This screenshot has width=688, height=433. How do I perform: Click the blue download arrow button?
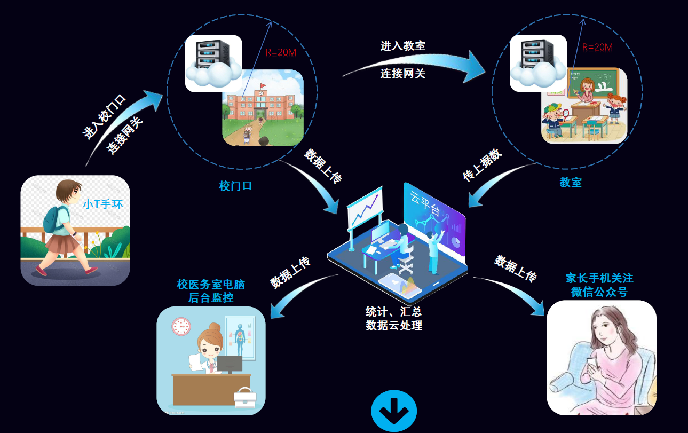(394, 411)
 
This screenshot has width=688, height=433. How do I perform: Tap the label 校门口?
(235, 186)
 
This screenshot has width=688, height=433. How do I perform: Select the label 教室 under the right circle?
(570, 182)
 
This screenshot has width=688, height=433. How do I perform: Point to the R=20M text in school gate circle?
(280, 52)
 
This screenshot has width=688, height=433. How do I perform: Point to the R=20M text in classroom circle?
(597, 47)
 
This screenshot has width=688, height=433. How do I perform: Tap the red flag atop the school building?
(263, 85)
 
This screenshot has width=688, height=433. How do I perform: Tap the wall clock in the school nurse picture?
(181, 326)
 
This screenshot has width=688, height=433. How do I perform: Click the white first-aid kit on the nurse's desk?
(245, 398)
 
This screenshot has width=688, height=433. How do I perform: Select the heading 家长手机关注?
(599, 278)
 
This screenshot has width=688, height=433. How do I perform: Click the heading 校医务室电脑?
(211, 284)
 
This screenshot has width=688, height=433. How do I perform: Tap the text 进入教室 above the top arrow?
(403, 46)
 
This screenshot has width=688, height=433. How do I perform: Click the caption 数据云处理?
(394, 325)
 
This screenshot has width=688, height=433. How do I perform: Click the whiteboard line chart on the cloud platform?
(365, 208)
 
